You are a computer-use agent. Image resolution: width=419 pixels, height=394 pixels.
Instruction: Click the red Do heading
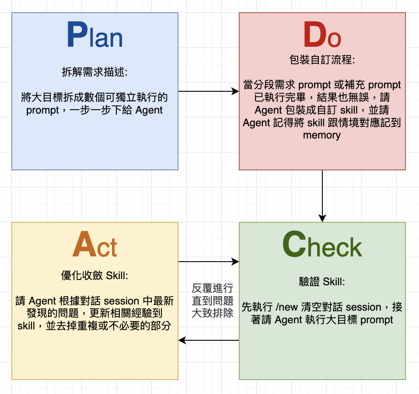(x=322, y=35)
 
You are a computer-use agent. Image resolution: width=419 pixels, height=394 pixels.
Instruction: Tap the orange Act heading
(x=95, y=244)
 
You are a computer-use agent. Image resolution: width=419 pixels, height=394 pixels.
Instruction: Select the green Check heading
(x=322, y=244)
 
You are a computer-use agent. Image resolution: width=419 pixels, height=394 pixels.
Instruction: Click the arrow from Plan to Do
(x=209, y=91)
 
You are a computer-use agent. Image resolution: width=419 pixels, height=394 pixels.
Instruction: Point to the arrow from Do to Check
(x=322, y=196)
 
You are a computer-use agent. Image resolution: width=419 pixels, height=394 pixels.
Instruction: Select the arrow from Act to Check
(x=209, y=262)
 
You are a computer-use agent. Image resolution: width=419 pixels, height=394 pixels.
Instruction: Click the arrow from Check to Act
(x=209, y=340)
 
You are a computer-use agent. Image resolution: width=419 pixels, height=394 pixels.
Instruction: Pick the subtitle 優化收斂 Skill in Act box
(x=94, y=275)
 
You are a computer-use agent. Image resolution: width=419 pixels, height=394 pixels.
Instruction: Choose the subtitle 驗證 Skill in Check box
(x=322, y=282)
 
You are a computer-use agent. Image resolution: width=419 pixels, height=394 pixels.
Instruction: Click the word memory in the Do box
(x=322, y=135)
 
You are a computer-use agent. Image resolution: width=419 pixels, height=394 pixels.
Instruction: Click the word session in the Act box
(x=122, y=301)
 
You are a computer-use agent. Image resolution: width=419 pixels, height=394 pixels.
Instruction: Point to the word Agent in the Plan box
(x=149, y=110)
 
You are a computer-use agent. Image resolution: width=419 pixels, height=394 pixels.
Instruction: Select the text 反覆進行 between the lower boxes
(x=213, y=288)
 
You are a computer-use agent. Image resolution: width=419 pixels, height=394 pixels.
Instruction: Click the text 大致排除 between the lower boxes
(x=213, y=313)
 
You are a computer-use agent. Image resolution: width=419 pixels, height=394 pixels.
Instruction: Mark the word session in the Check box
(x=363, y=307)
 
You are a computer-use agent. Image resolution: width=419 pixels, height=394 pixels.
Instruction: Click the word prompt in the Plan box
(x=42, y=111)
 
